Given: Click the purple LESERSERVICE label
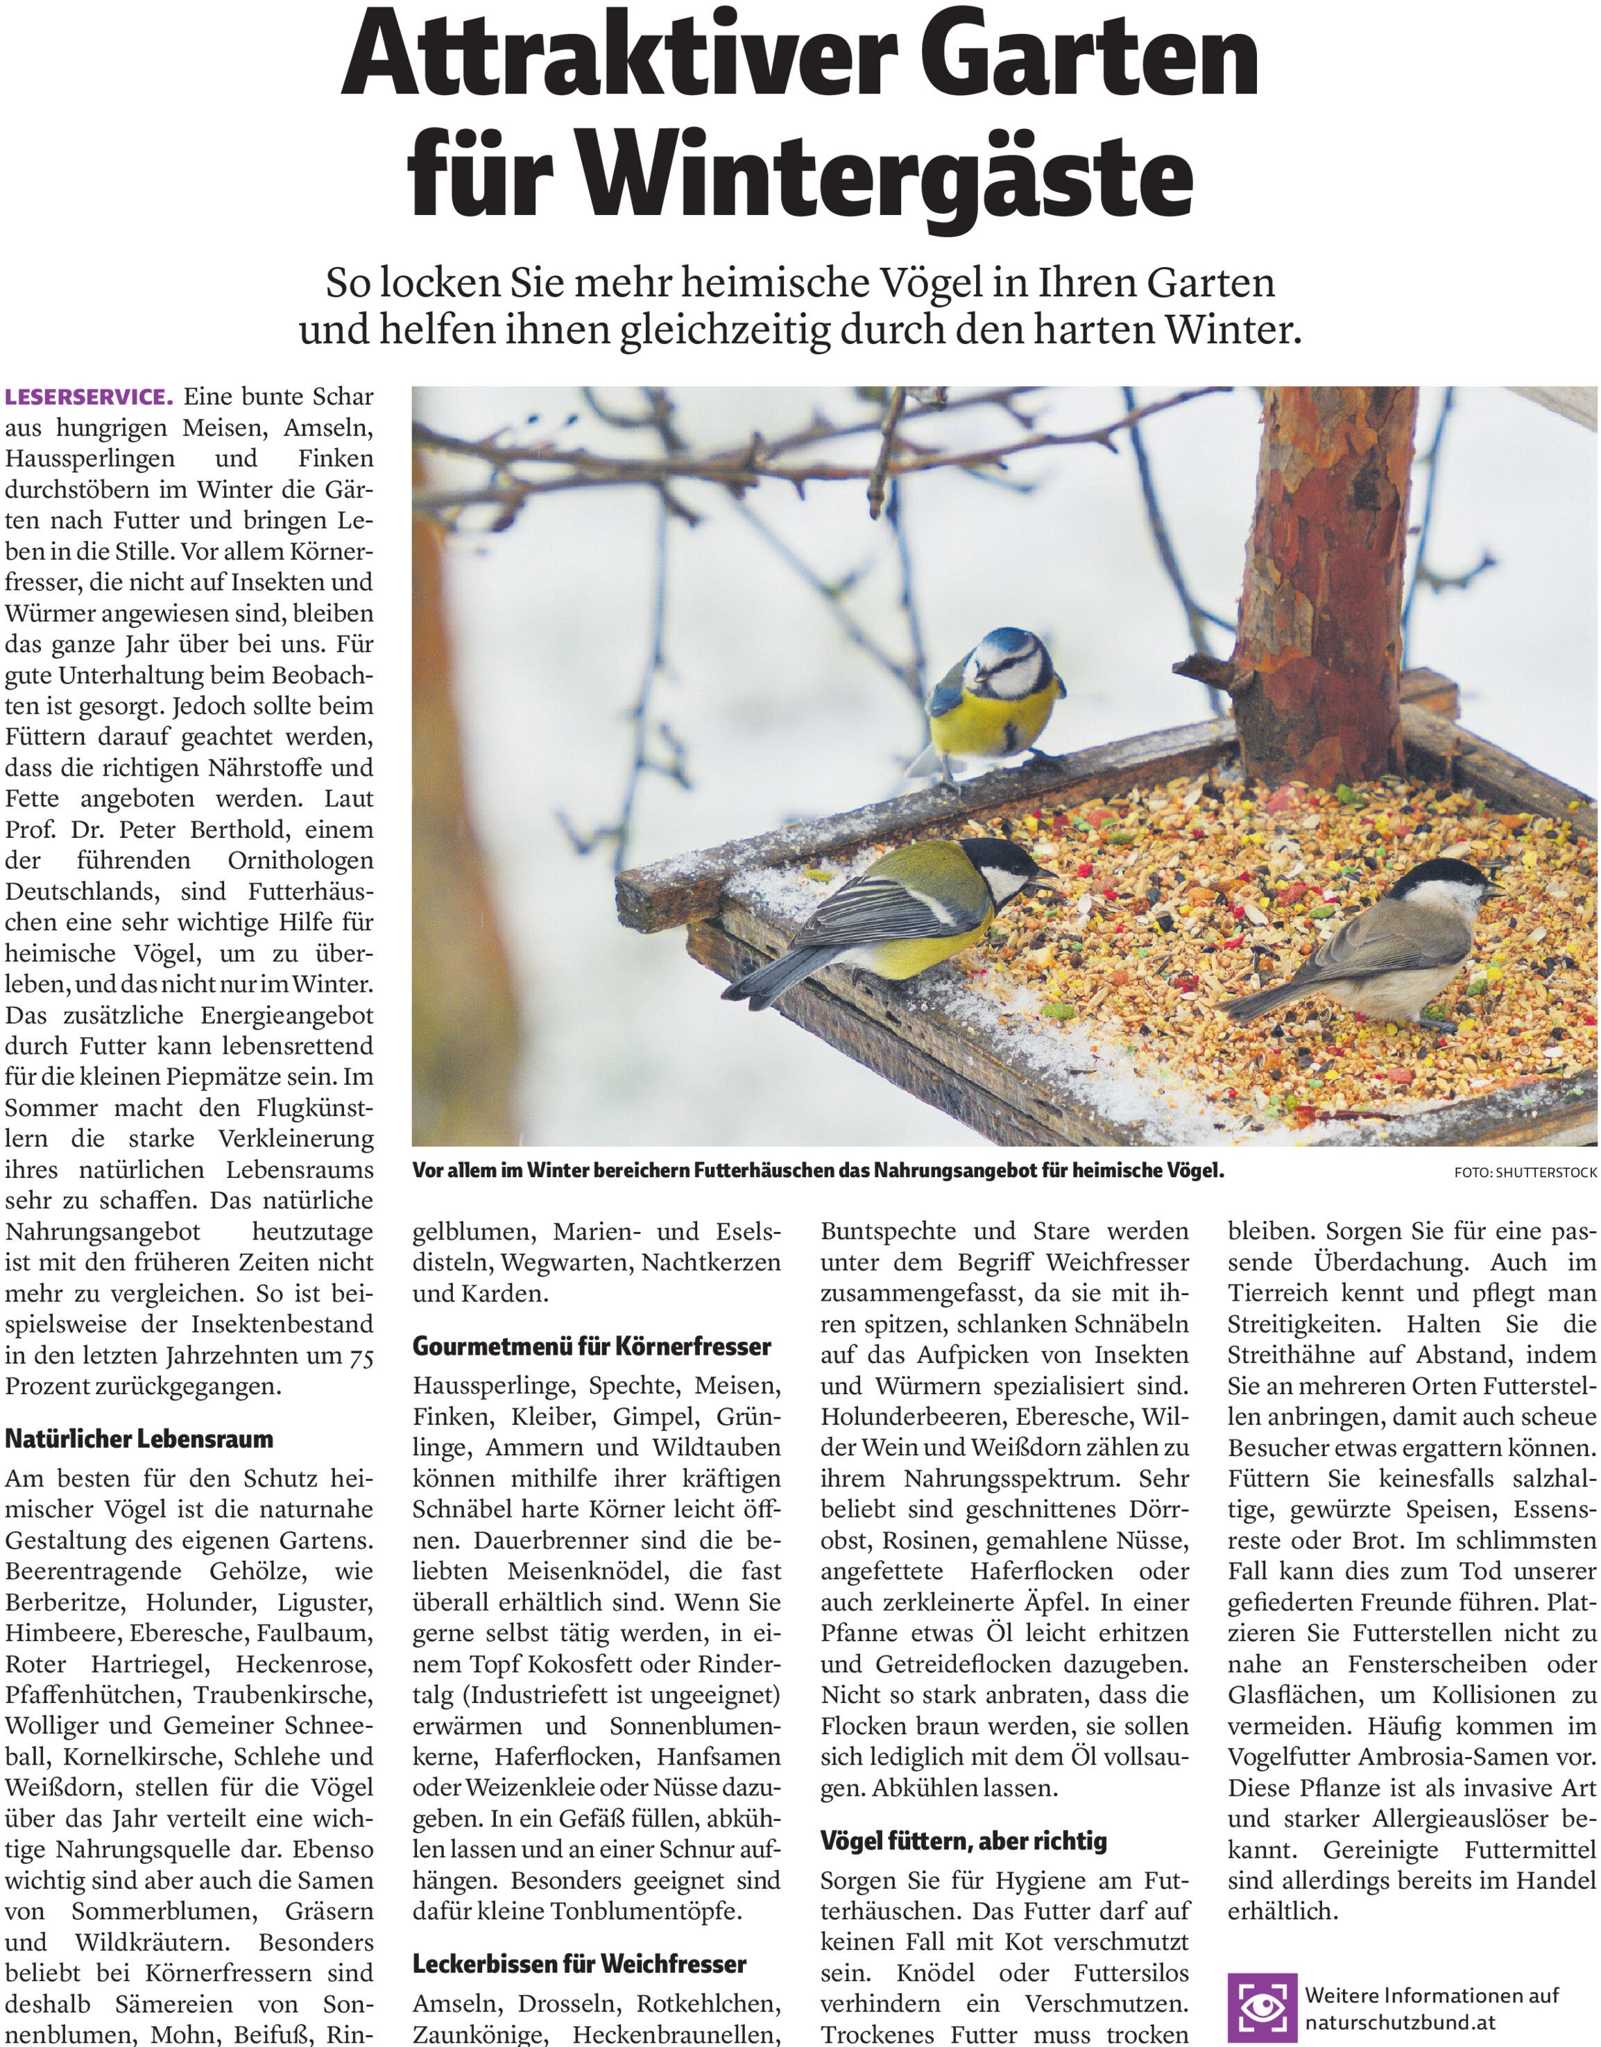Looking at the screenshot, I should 89,397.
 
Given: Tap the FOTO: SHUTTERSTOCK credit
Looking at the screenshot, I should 1526,1172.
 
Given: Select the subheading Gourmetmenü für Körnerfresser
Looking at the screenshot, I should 592,1346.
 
